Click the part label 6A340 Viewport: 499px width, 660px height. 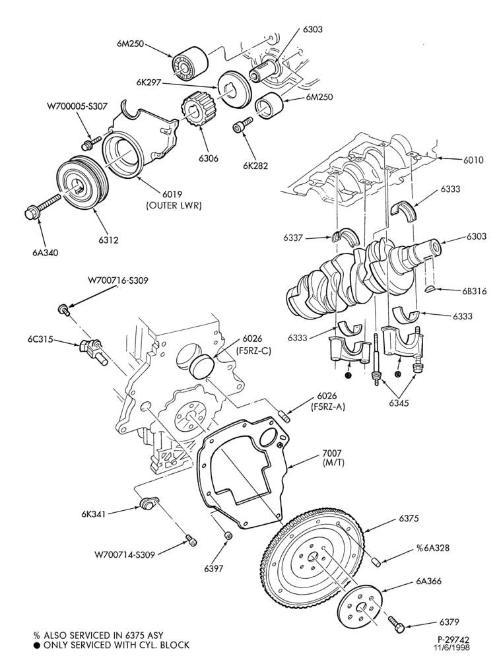pyautogui.click(x=45, y=253)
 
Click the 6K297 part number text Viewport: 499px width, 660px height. pyautogui.click(x=149, y=83)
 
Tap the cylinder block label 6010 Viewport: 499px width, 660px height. pyautogui.click(x=474, y=160)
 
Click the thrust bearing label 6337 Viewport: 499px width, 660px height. pyautogui.click(x=293, y=238)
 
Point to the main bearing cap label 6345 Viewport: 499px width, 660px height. pyautogui.click(x=399, y=403)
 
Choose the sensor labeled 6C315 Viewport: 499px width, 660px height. pyautogui.click(x=90, y=349)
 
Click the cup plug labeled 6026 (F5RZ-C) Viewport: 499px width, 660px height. pyautogui.click(x=203, y=366)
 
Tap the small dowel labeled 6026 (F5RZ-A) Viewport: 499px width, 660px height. pyautogui.click(x=284, y=416)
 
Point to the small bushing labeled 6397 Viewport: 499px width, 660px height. pyautogui.click(x=228, y=535)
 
